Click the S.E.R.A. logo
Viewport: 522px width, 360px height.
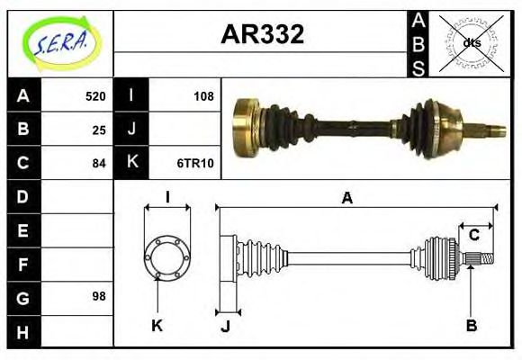[59, 40]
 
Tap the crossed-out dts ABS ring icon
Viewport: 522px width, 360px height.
[470, 42]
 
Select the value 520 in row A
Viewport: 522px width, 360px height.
[94, 96]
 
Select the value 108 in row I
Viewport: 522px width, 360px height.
[203, 96]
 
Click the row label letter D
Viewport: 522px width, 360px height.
[23, 196]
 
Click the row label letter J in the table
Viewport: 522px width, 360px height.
[131, 130]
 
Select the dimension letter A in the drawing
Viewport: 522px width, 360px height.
[346, 198]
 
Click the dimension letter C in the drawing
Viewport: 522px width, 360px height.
[473, 236]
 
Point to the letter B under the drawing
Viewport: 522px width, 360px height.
[471, 325]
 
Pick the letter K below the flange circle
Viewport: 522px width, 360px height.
[157, 325]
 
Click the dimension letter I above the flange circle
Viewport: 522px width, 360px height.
[166, 197]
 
